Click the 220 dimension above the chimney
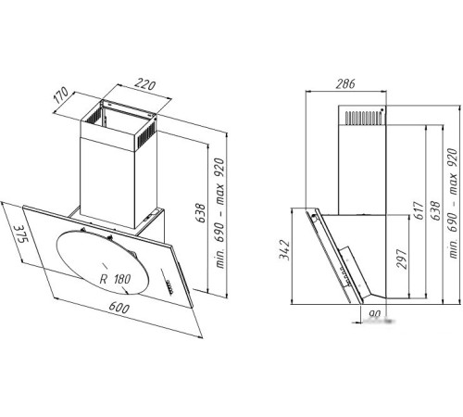pyautogui.click(x=145, y=85)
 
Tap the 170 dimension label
pyautogui.click(x=61, y=95)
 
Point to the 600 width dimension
pyautogui.click(x=119, y=308)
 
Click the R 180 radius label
pyautogui.click(x=115, y=279)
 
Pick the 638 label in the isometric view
pyautogui.click(x=201, y=213)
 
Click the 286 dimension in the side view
pyautogui.click(x=345, y=83)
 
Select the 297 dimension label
pyautogui.click(x=402, y=259)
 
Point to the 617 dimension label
pyautogui.click(x=419, y=210)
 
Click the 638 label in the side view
pyautogui.click(x=434, y=210)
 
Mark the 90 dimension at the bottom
pyautogui.click(x=374, y=314)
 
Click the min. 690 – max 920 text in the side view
pyautogui.click(x=453, y=203)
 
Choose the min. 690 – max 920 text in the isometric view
pyautogui.click(x=220, y=213)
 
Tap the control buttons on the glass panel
pyautogui.click(x=169, y=286)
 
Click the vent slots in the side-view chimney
pyautogui.click(x=363, y=119)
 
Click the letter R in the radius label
pyautogui.click(x=104, y=279)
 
